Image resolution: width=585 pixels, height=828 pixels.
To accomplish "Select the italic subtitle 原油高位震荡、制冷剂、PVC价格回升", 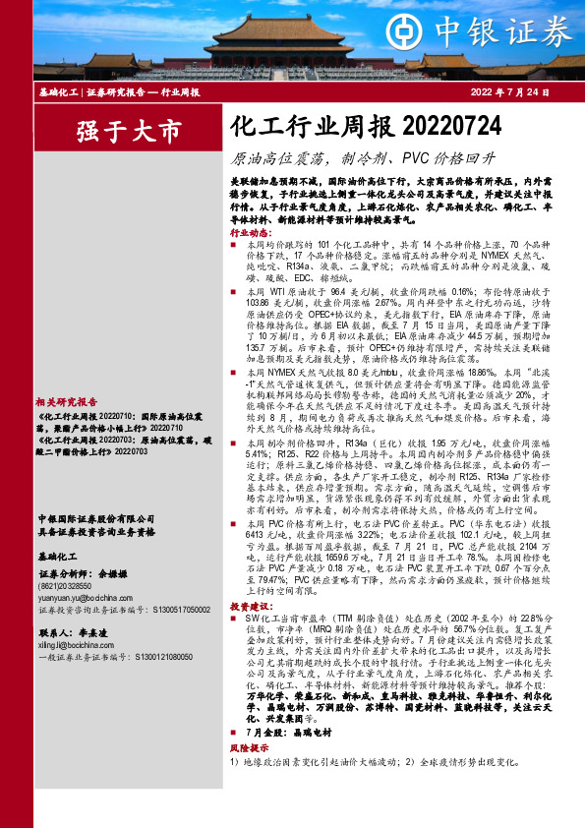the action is tap(363, 157).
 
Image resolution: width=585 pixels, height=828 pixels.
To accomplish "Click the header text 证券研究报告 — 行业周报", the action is tap(143, 92).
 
